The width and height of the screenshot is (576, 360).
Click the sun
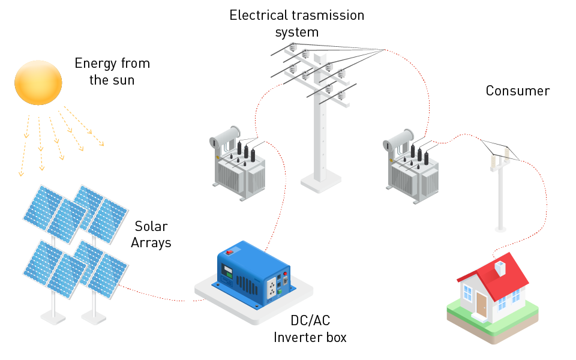[x=38, y=82]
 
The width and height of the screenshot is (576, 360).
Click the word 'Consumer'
[x=517, y=91]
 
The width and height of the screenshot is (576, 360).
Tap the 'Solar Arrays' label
[x=151, y=235]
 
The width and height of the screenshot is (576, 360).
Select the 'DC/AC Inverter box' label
[x=310, y=329]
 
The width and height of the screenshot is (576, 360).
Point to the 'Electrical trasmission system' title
[x=296, y=23]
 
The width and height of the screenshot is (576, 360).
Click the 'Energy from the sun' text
[x=112, y=71]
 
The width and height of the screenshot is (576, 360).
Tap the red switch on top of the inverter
[x=229, y=253]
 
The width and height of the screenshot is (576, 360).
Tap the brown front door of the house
[x=481, y=305]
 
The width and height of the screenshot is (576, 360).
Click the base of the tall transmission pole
[x=321, y=180]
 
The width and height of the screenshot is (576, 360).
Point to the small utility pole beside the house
[x=500, y=192]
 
